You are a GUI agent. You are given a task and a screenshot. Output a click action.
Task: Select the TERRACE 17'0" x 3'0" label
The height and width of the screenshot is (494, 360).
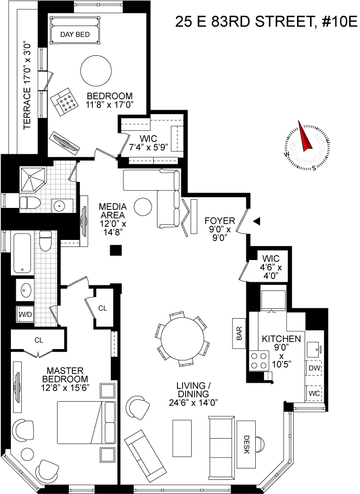click(27, 84)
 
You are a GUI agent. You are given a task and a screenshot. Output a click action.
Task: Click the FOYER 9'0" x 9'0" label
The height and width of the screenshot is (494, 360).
click(219, 229)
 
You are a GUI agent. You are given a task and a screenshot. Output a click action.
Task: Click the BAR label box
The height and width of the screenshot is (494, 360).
click(238, 332)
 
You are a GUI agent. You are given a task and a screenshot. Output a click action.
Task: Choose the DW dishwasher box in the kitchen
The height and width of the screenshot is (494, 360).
click(314, 368)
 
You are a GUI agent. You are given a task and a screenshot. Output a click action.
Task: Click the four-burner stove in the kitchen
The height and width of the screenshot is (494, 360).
click(260, 359)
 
